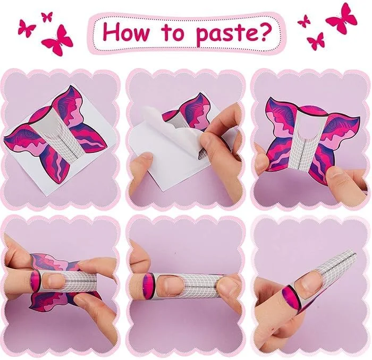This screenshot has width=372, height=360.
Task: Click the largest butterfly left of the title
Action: click(57, 40)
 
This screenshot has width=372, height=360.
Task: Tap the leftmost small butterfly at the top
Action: click(27, 27)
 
